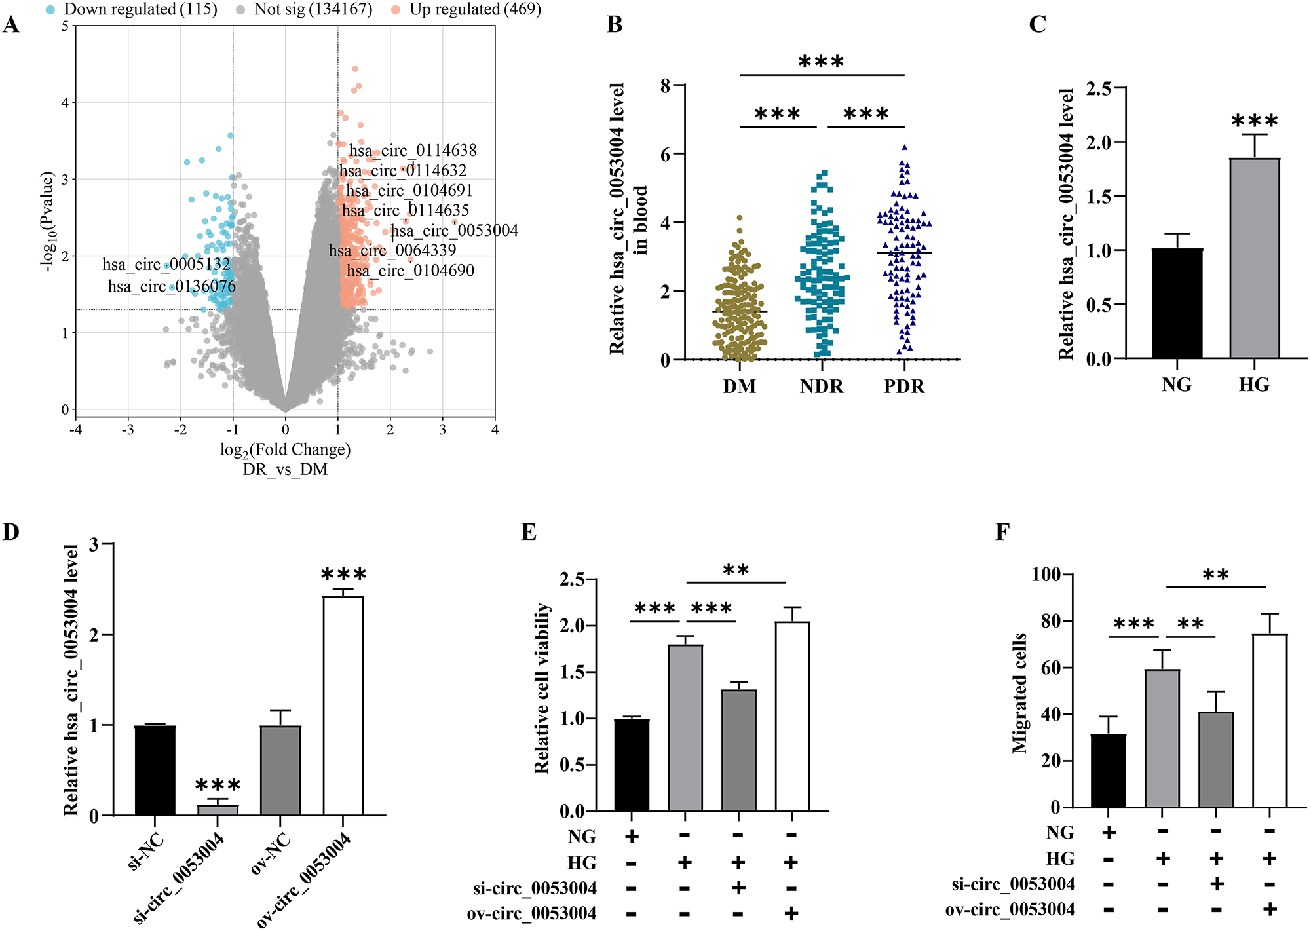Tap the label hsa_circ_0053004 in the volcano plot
click(x=455, y=231)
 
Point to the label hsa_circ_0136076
click(x=172, y=286)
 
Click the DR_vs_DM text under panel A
click(x=285, y=470)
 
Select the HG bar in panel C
click(x=1254, y=259)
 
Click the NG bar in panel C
click(x=1177, y=303)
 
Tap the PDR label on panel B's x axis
click(x=904, y=387)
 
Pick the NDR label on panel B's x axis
click(x=822, y=387)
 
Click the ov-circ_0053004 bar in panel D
click(x=343, y=706)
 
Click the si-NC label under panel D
click(x=145, y=852)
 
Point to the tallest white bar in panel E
click(x=792, y=717)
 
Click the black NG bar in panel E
click(x=632, y=765)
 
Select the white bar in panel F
click(x=1270, y=721)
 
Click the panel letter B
click(x=615, y=25)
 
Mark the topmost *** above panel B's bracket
click(x=821, y=63)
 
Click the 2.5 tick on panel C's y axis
click(x=1099, y=88)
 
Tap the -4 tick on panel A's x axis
click(x=76, y=430)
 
